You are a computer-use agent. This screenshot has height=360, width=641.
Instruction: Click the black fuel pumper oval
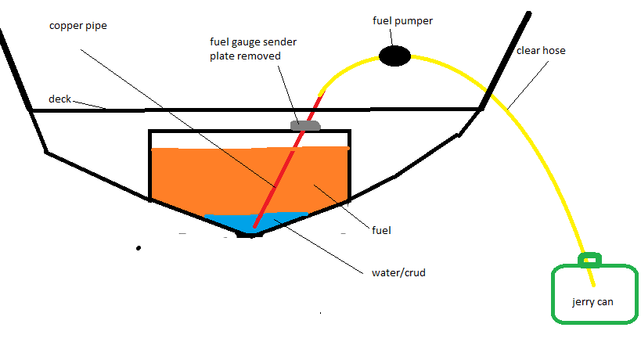pos(395,56)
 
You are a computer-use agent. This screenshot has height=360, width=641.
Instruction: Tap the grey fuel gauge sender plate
pos(305,125)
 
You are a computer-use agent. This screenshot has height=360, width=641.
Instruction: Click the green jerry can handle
pos(590,259)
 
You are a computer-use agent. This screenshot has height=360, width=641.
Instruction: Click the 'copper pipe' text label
pos(77,25)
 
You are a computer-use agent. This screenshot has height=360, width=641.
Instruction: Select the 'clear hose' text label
pos(541,51)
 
